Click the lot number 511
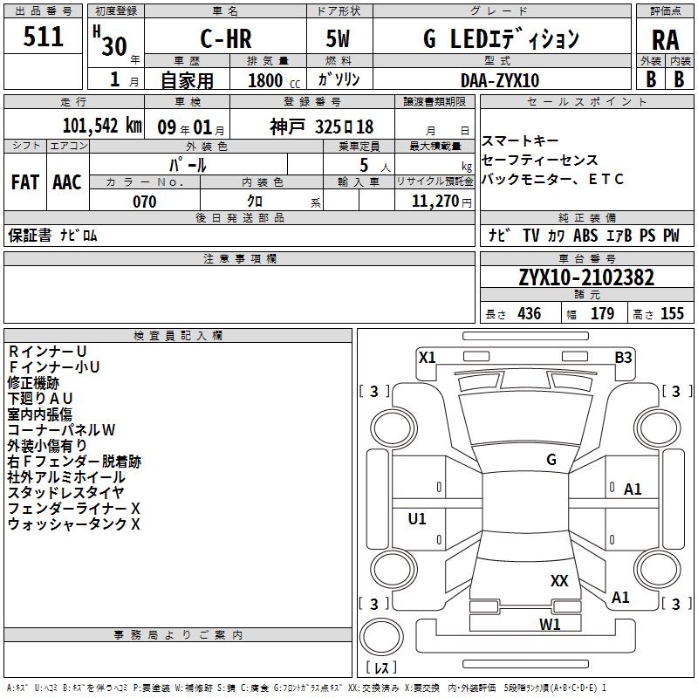[44, 38]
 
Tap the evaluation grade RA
[665, 40]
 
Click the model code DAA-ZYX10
[500, 80]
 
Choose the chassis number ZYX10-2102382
[585, 278]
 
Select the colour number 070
[144, 202]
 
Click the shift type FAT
[24, 181]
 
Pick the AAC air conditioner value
[67, 181]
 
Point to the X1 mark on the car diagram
[427, 357]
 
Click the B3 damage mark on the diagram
[623, 357]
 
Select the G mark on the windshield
[551, 460]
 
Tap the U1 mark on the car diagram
[417, 519]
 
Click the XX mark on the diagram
[559, 580]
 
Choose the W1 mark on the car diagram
[550, 624]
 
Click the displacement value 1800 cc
[266, 80]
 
